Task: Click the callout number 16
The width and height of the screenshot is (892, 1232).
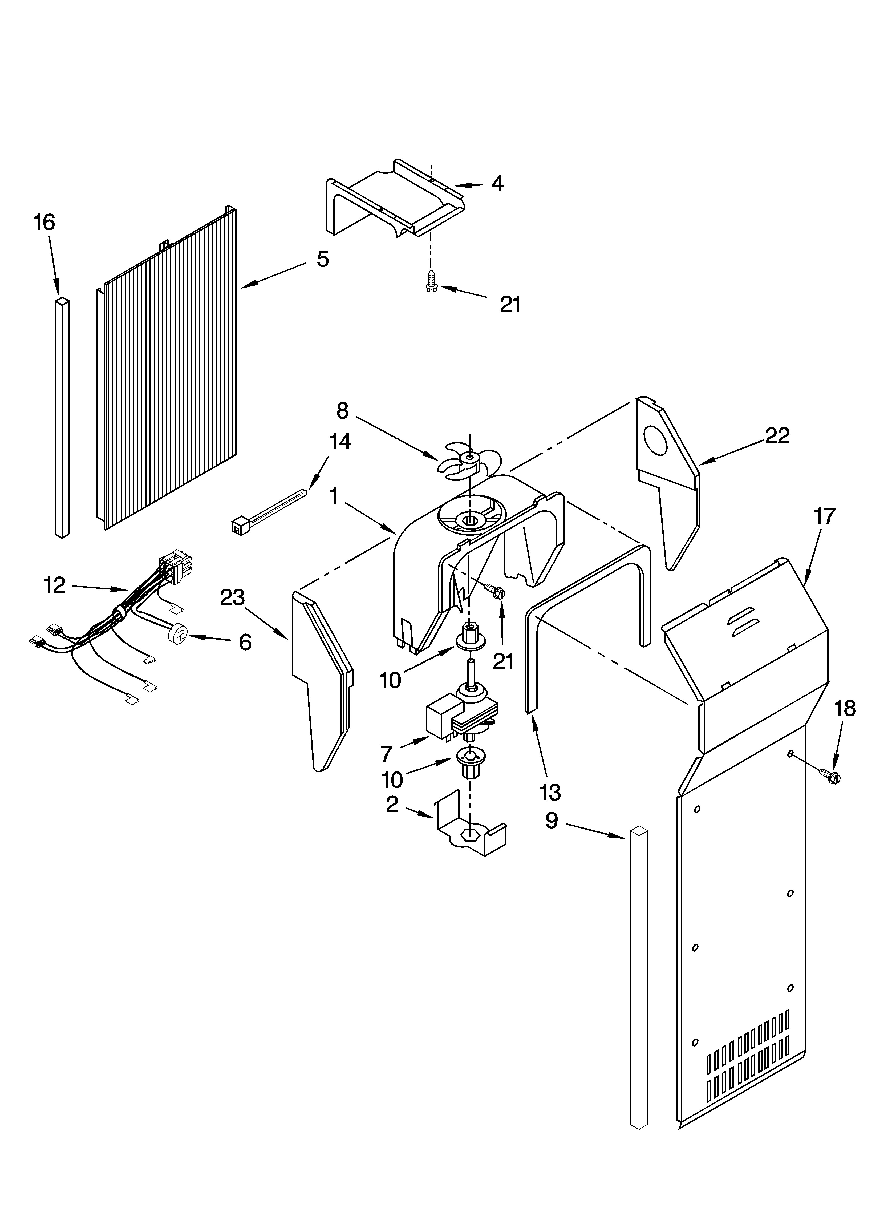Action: (x=44, y=223)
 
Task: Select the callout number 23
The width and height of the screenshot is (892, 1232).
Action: (x=233, y=597)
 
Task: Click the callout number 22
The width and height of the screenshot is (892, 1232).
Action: (x=777, y=436)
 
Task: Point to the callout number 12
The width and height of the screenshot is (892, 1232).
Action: (x=55, y=585)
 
